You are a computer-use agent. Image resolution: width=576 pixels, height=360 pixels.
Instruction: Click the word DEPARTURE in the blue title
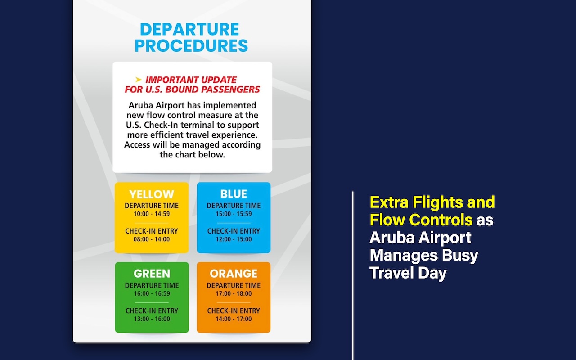click(x=189, y=29)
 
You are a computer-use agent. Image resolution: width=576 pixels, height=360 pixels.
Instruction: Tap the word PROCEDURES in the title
click(x=191, y=46)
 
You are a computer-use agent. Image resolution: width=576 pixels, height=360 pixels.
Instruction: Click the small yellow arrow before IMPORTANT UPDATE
click(x=139, y=80)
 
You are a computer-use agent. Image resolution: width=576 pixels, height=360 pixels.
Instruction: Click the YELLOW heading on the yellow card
click(x=152, y=194)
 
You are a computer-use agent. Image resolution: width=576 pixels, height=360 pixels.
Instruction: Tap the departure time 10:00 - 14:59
click(x=152, y=214)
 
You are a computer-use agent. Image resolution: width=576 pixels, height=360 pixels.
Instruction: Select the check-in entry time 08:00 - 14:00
click(x=152, y=239)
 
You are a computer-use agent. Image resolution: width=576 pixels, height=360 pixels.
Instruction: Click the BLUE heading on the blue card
click(x=234, y=194)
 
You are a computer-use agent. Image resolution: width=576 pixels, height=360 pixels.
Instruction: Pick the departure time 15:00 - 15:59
click(x=234, y=214)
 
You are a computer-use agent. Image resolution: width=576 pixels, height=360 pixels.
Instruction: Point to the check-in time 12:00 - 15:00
click(x=234, y=239)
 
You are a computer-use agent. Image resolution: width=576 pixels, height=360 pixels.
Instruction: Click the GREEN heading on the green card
click(x=152, y=274)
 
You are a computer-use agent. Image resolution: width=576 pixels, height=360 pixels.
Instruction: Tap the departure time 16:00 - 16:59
click(x=152, y=293)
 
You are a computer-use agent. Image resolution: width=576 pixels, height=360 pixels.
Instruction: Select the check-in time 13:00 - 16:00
click(x=152, y=319)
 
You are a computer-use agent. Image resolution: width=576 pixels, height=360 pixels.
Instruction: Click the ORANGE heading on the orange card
click(x=234, y=274)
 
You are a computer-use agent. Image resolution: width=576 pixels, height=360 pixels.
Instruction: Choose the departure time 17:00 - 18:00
click(x=234, y=293)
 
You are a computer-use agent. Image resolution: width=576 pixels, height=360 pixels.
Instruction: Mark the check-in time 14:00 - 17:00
click(x=234, y=319)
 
